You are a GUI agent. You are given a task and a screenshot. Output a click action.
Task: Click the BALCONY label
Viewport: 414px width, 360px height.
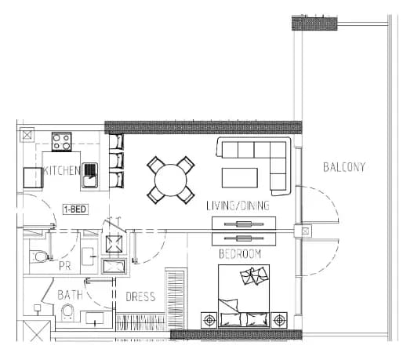click(344, 167)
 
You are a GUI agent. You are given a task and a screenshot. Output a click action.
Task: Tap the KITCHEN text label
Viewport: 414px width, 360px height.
click(62, 171)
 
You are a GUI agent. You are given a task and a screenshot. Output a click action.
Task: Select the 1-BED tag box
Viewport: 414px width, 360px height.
click(75, 209)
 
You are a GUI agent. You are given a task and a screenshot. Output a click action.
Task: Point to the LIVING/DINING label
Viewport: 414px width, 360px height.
click(238, 205)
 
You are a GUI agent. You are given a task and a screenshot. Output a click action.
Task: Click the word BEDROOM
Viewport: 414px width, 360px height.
click(240, 254)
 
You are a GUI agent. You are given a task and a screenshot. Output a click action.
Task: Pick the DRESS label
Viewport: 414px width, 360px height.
click(140, 296)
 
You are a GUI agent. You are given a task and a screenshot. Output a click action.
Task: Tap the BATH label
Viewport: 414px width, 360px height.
click(70, 295)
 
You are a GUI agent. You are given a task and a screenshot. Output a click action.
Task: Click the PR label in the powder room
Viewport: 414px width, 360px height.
click(65, 266)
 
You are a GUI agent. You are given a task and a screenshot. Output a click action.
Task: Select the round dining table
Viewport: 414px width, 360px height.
click(171, 180)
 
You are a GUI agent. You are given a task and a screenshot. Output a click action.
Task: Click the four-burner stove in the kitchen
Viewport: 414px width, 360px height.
click(61, 142)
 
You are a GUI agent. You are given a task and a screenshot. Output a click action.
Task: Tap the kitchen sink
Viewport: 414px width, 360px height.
click(89, 175)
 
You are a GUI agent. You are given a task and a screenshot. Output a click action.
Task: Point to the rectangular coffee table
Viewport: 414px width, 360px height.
click(240, 178)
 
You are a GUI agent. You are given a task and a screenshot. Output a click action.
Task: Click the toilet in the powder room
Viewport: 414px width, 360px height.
click(40, 256)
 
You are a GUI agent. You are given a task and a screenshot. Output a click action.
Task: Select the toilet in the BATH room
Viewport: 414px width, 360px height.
click(67, 312)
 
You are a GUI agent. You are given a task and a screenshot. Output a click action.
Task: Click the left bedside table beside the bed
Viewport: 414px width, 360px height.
click(209, 320)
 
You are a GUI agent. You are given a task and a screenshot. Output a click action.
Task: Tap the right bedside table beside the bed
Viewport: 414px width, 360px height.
click(279, 320)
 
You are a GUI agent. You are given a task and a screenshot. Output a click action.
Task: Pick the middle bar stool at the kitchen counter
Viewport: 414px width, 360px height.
click(116, 160)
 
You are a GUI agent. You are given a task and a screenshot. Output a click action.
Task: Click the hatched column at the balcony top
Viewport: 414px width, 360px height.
click(314, 24)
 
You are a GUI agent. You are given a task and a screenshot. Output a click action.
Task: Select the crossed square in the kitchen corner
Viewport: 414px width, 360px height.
click(27, 135)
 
